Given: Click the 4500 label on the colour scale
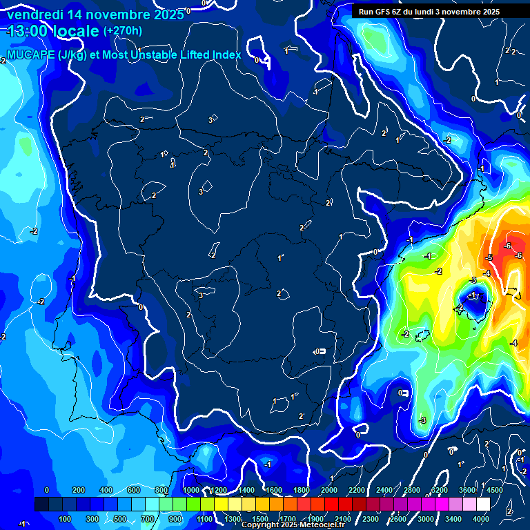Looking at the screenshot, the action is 495,490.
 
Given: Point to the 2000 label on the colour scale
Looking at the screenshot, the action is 329,490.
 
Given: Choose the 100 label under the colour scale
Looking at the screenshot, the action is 66,519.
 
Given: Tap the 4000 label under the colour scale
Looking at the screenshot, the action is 481,519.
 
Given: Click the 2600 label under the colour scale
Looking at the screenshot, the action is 398,519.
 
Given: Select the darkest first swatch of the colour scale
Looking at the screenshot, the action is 41,505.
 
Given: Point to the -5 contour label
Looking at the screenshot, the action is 489,258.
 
